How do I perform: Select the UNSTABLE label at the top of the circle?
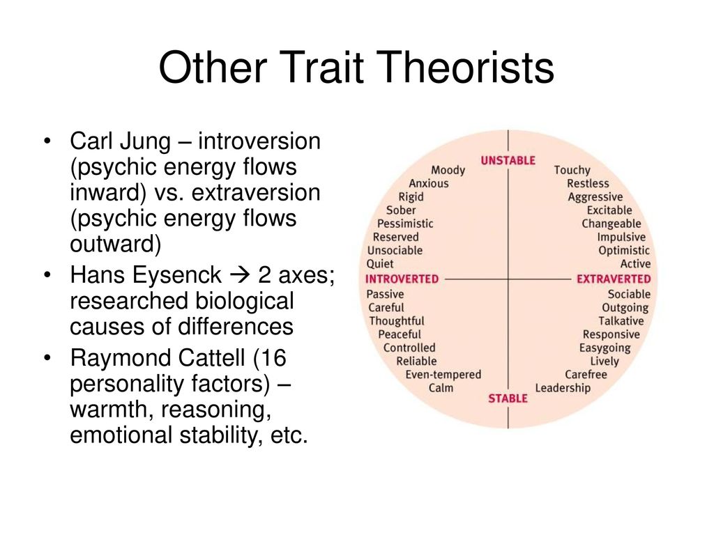[508, 161]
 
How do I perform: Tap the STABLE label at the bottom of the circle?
[508, 398]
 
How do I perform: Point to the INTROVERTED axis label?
[402, 279]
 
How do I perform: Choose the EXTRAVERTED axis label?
[614, 279]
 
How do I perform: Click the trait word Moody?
[448, 170]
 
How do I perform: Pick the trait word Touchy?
[572, 170]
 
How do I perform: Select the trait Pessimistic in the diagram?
[405, 224]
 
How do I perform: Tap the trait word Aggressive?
[595, 197]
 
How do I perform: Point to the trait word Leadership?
[563, 388]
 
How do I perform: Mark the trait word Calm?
[441, 388]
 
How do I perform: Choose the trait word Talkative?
[621, 320]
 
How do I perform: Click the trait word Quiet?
[380, 264]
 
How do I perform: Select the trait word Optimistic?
[624, 251]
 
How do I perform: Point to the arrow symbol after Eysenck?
[240, 275]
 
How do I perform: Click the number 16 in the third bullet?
[273, 357]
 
